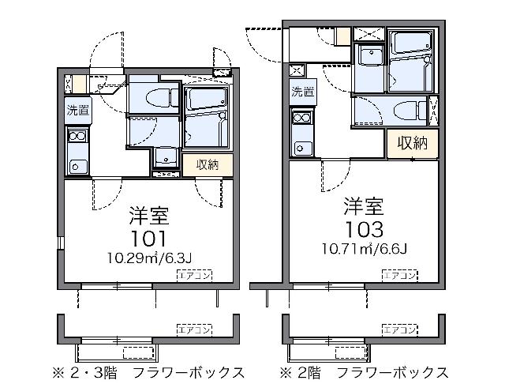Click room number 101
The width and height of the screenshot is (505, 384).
click(x=149, y=239)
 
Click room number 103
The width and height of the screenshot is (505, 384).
click(x=365, y=229)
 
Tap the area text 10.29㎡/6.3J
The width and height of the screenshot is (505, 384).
click(x=149, y=258)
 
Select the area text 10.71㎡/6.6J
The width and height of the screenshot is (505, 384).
click(x=365, y=249)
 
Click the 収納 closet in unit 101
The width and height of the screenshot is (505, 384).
click(x=208, y=165)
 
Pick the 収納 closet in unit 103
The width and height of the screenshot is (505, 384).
click(x=412, y=143)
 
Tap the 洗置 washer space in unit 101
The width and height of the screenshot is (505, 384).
click(x=78, y=111)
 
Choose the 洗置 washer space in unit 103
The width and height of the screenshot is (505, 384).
click(x=302, y=92)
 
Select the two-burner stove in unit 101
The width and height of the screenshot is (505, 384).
click(x=77, y=136)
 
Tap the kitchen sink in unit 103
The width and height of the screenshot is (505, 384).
click(x=301, y=149)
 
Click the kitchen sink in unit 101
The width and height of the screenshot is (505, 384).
click(x=77, y=167)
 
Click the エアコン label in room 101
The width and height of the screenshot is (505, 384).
click(x=194, y=275)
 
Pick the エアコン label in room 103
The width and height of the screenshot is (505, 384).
click(x=399, y=275)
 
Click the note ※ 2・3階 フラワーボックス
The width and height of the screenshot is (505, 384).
click(x=148, y=373)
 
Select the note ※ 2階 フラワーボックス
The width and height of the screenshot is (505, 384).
click(x=364, y=373)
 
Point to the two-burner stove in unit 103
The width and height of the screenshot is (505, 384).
click(x=301, y=118)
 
